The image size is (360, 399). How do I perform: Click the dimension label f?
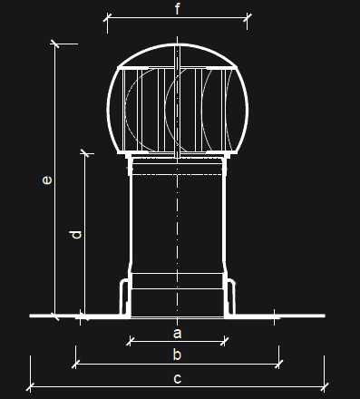(x=178, y=8)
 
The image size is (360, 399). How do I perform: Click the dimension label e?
(x=47, y=180)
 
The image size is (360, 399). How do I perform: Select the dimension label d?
(x=75, y=235)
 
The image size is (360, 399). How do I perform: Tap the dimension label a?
(x=178, y=334)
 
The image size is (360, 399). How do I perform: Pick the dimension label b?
(x=177, y=354)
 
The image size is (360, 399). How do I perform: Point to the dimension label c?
(x=178, y=378)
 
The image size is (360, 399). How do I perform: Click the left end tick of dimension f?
(x=108, y=18)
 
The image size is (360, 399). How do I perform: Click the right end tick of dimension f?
(x=248, y=17)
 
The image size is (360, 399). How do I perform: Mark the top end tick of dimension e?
(x=54, y=44)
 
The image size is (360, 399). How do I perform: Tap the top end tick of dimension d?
(x=85, y=153)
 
